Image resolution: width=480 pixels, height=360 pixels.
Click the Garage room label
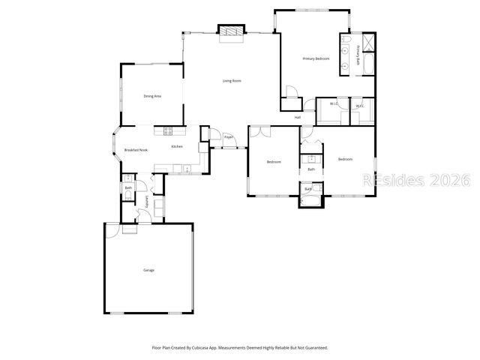click(148, 270)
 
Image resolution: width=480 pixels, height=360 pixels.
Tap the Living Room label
click(232, 80)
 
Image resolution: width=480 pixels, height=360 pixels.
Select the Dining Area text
click(153, 96)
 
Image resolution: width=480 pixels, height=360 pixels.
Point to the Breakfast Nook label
click(136, 150)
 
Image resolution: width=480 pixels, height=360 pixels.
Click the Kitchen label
click(177, 146)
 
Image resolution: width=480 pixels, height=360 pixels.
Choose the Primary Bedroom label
click(316, 58)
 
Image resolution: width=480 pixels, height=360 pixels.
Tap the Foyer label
click(228, 137)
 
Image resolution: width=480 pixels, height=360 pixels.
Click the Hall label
click(297, 118)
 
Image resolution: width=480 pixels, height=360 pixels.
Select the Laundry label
click(147, 202)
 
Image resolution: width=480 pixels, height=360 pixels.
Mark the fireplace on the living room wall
click(231, 31)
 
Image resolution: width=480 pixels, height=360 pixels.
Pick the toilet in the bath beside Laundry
click(127, 196)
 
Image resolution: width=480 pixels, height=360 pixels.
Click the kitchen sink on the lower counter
click(178, 167)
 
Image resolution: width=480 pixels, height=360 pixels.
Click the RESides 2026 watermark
click(416, 181)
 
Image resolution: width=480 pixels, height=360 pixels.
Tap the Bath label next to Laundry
click(128, 187)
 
